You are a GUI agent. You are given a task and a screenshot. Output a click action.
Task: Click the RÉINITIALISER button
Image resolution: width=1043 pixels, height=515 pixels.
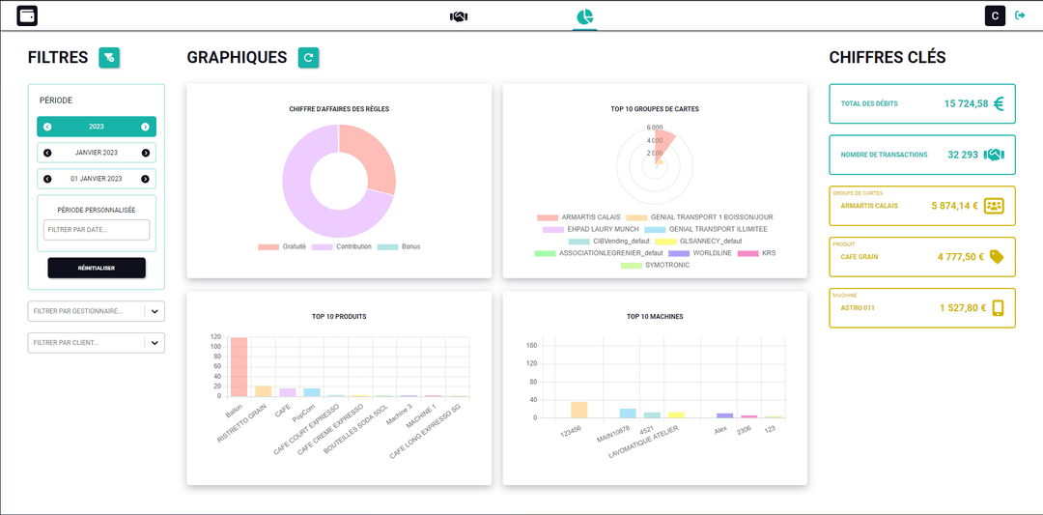[97, 268]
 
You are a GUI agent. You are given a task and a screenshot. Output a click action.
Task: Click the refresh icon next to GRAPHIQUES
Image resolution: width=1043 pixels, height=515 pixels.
[308, 58]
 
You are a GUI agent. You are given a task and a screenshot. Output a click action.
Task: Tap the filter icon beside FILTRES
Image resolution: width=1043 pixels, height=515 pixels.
[109, 58]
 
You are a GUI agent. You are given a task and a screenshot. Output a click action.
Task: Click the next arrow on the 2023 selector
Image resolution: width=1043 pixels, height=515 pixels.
[145, 127]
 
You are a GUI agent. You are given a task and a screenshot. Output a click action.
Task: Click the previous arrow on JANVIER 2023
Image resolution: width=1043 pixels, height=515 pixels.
[47, 153]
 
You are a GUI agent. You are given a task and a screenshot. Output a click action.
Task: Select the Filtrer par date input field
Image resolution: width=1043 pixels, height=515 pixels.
[97, 230]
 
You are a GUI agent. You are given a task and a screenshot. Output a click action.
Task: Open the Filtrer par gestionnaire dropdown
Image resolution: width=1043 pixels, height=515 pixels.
[155, 311]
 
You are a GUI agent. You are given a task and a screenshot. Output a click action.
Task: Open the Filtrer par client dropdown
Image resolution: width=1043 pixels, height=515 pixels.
[155, 343]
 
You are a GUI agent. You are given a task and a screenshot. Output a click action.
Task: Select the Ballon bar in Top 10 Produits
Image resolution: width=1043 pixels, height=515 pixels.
[238, 367]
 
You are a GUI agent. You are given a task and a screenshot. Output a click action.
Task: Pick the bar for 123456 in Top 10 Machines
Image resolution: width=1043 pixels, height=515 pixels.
[578, 410]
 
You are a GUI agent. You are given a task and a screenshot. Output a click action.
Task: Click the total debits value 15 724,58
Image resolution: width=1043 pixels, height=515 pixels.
[966, 103]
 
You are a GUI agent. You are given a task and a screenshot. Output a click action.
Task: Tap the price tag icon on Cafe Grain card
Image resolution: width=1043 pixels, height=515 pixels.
[997, 257]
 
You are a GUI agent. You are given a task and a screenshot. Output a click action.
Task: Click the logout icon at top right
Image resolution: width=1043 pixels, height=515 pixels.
[1020, 15]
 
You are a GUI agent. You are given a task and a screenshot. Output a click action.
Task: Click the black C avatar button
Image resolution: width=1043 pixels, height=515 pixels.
[995, 15]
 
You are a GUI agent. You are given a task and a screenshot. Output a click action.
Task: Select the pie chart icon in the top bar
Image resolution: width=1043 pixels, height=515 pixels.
[584, 16]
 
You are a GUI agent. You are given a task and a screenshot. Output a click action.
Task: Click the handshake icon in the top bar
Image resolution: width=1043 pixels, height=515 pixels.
[459, 16]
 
